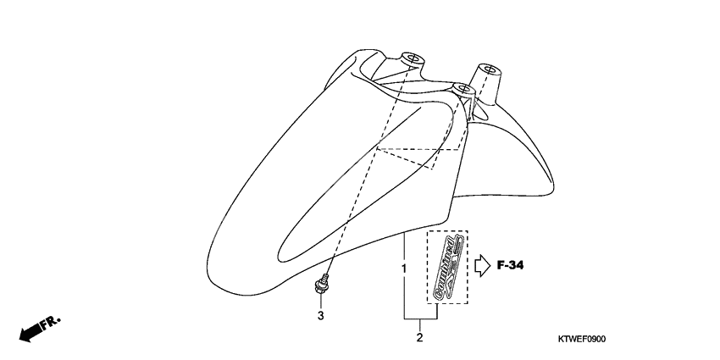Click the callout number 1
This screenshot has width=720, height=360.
[404, 269]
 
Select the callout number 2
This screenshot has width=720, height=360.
[419, 340]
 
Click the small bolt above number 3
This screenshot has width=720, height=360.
[322, 285]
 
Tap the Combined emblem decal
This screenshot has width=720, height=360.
[446, 268]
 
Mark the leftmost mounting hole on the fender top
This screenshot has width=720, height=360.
[413, 58]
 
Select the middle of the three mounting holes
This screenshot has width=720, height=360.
[462, 86]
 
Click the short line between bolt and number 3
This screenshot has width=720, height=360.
[321, 302]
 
